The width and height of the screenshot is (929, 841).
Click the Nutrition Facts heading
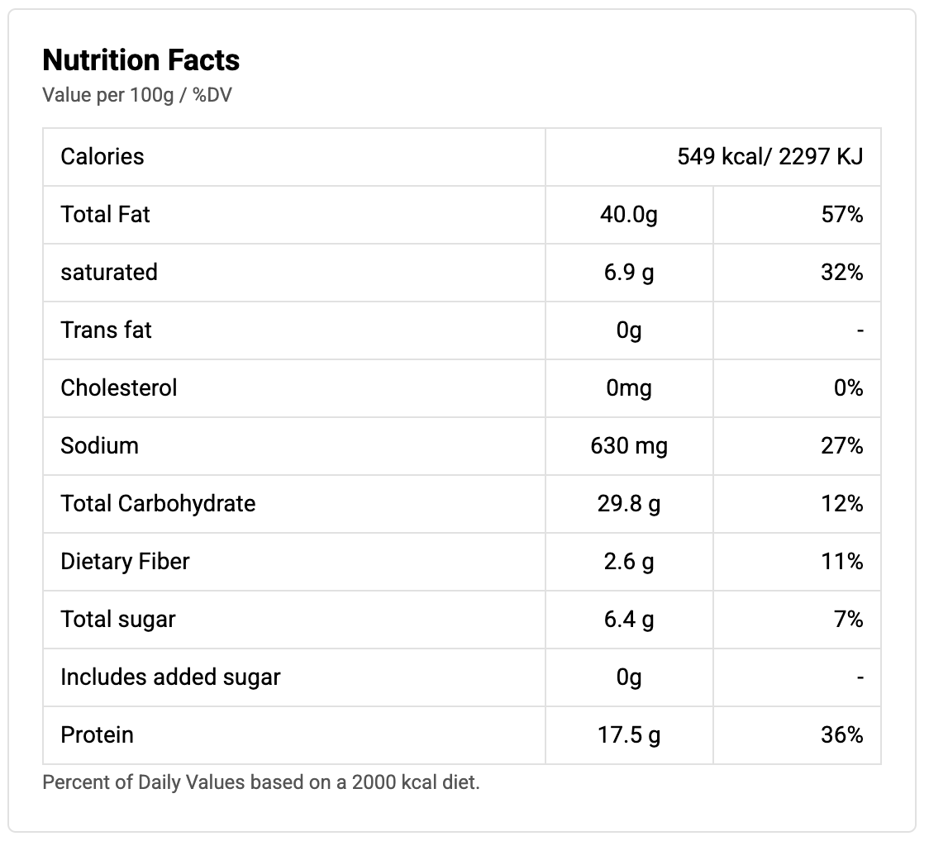(x=141, y=60)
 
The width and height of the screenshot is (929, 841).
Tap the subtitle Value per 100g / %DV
(x=137, y=96)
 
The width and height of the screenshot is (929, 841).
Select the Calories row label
(x=102, y=156)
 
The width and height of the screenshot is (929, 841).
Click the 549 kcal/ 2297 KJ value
(x=769, y=156)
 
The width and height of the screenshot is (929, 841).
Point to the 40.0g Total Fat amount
(x=628, y=215)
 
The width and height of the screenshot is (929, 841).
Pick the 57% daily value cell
(x=842, y=215)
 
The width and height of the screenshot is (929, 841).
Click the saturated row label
(x=109, y=273)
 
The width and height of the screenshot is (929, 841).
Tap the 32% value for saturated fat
(x=842, y=273)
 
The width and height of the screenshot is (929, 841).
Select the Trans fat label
(x=107, y=330)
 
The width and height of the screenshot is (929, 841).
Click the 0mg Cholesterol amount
(x=628, y=388)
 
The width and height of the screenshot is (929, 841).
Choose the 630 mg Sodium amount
(x=628, y=446)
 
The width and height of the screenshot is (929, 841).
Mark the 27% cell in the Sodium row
(x=842, y=446)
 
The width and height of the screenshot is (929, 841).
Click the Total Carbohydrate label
(x=158, y=504)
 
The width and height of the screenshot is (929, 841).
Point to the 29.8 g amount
(x=628, y=504)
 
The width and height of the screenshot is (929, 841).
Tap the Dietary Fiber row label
(x=125, y=562)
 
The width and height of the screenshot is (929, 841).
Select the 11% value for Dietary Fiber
(x=842, y=562)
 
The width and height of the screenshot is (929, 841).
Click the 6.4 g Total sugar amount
(x=628, y=620)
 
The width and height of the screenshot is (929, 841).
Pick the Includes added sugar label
(x=170, y=677)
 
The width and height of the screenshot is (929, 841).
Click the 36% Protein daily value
(x=842, y=735)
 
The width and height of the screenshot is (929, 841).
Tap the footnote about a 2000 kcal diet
(x=261, y=782)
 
